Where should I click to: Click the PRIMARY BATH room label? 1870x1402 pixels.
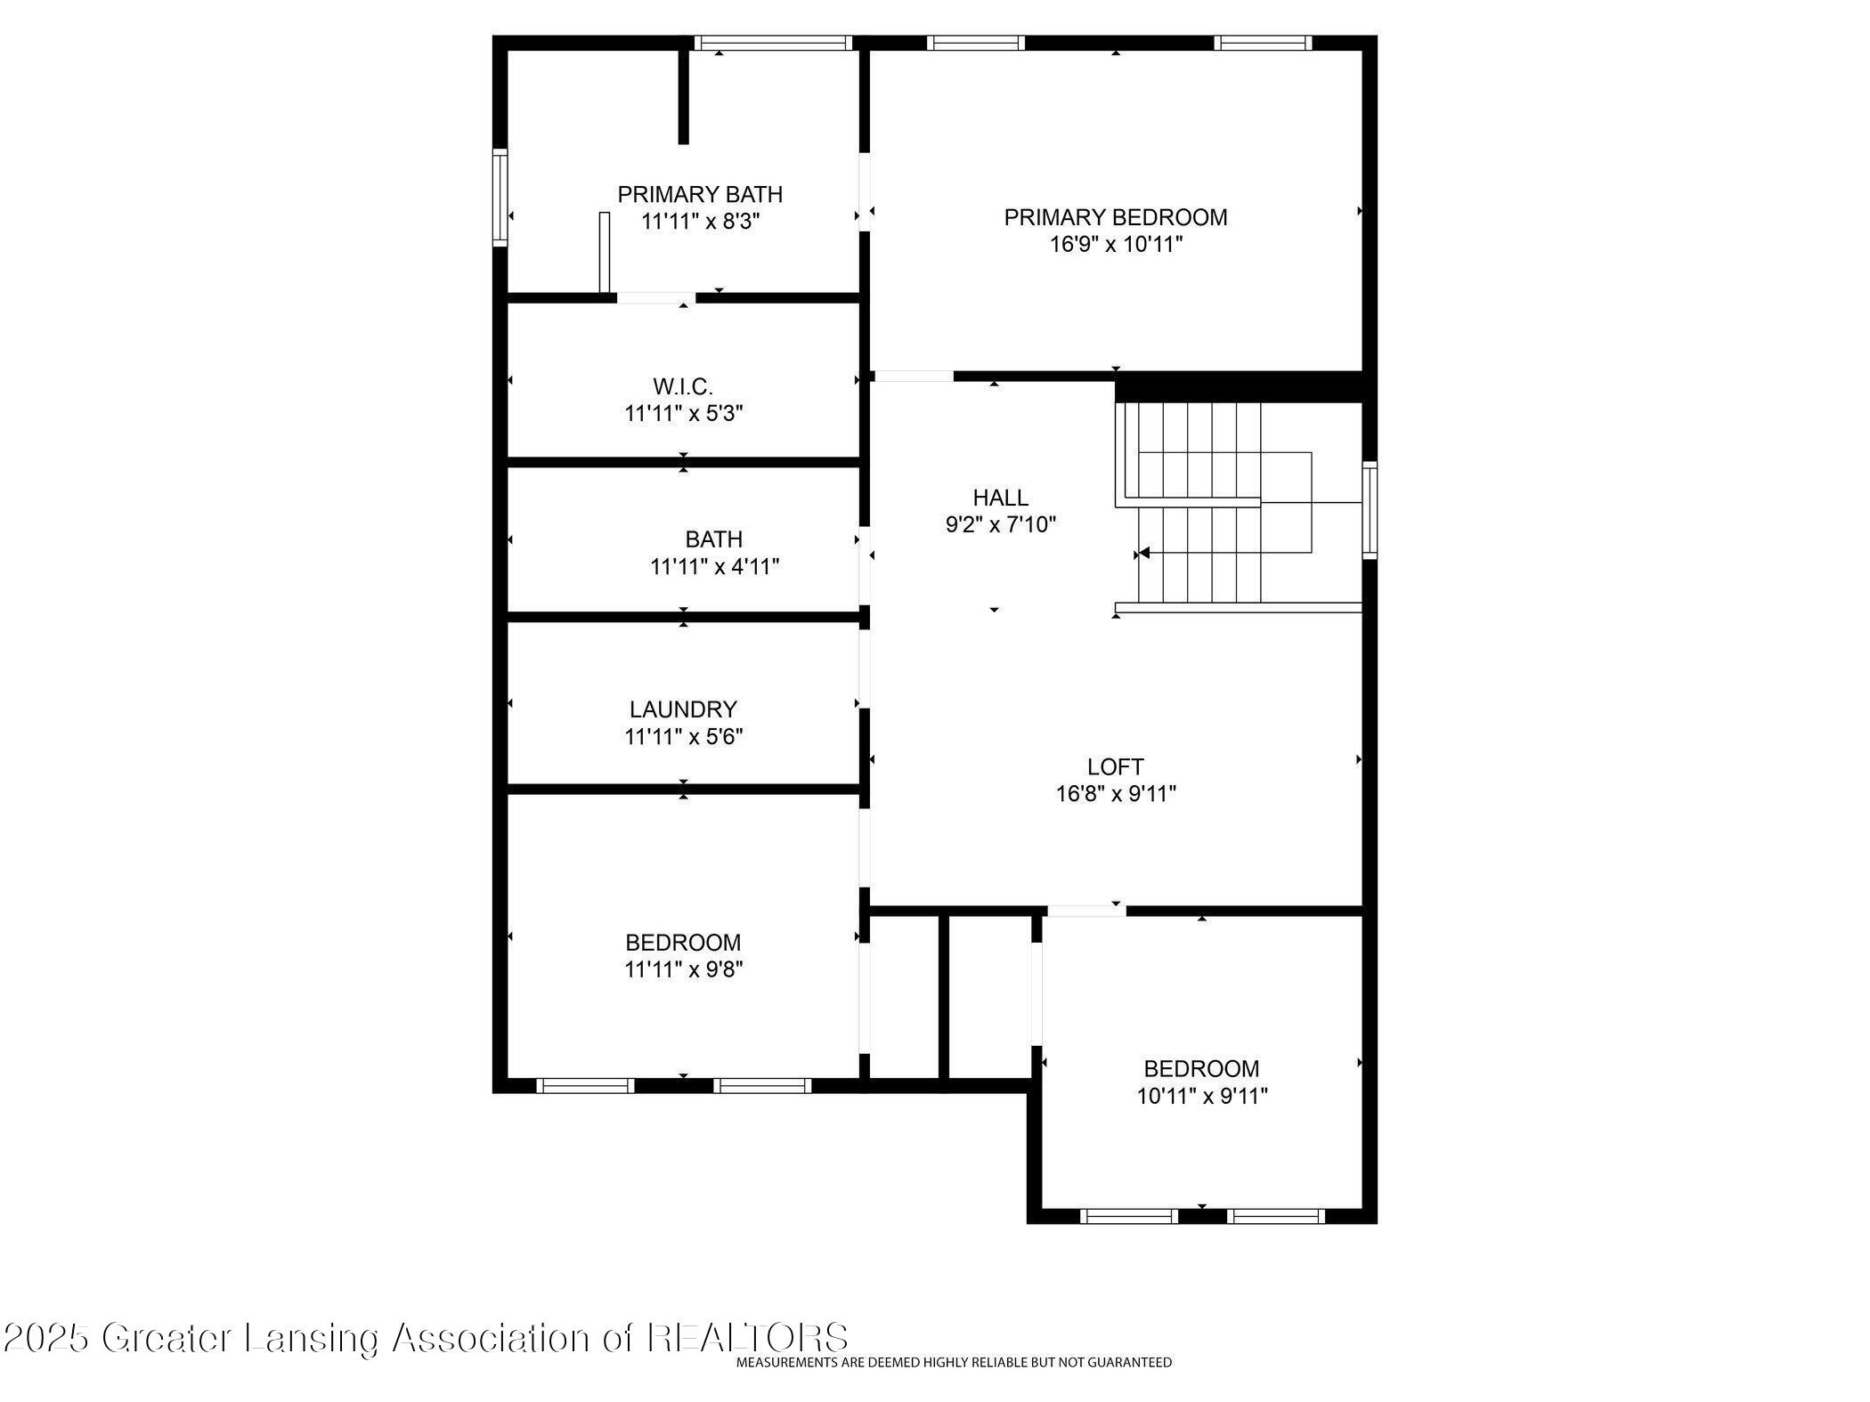click(x=700, y=194)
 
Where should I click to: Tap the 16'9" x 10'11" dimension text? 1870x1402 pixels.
click(x=1116, y=244)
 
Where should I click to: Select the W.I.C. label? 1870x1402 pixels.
click(x=683, y=387)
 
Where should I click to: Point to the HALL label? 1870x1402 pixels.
click(x=1001, y=498)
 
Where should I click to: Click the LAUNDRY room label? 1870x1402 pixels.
click(x=683, y=709)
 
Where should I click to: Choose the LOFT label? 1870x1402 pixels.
click(x=1116, y=766)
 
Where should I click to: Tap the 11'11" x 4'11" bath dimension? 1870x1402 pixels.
click(x=715, y=566)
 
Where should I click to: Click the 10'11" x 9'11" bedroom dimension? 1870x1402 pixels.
click(x=1202, y=1096)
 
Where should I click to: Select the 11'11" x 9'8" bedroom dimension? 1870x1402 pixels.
click(x=684, y=969)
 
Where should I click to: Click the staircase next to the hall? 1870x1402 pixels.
click(x=1240, y=506)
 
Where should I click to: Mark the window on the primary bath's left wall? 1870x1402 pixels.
click(x=500, y=197)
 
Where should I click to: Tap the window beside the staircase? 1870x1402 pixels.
click(x=1370, y=510)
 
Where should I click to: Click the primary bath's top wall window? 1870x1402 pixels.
click(x=773, y=42)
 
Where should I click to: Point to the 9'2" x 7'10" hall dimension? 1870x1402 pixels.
click(x=1001, y=524)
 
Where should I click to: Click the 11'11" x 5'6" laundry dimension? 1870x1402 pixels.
click(x=684, y=737)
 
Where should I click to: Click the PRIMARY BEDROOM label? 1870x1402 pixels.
click(x=1116, y=217)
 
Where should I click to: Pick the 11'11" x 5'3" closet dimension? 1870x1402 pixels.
click(x=684, y=414)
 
